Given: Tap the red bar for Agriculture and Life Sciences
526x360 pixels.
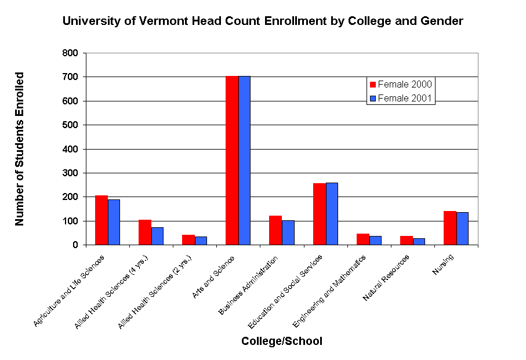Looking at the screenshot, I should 101,220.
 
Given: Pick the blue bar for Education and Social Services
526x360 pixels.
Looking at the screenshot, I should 332,214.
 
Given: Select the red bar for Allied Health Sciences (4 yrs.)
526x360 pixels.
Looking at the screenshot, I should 144,232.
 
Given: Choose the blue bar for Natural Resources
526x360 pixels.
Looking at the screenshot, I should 419,242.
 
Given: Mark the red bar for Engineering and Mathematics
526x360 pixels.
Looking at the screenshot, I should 362,239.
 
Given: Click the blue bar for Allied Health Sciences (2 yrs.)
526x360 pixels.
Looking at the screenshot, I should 201,241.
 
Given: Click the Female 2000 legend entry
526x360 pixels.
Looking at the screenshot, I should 401,84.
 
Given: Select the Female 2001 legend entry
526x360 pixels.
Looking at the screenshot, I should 401,98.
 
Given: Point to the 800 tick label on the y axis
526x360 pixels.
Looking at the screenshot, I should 70,53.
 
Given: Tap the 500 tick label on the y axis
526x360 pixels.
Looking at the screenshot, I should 70,125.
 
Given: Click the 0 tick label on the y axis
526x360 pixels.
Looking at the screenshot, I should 75,245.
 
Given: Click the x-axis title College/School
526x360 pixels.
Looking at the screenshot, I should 282,341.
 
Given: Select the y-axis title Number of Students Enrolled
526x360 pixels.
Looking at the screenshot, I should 20,149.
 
